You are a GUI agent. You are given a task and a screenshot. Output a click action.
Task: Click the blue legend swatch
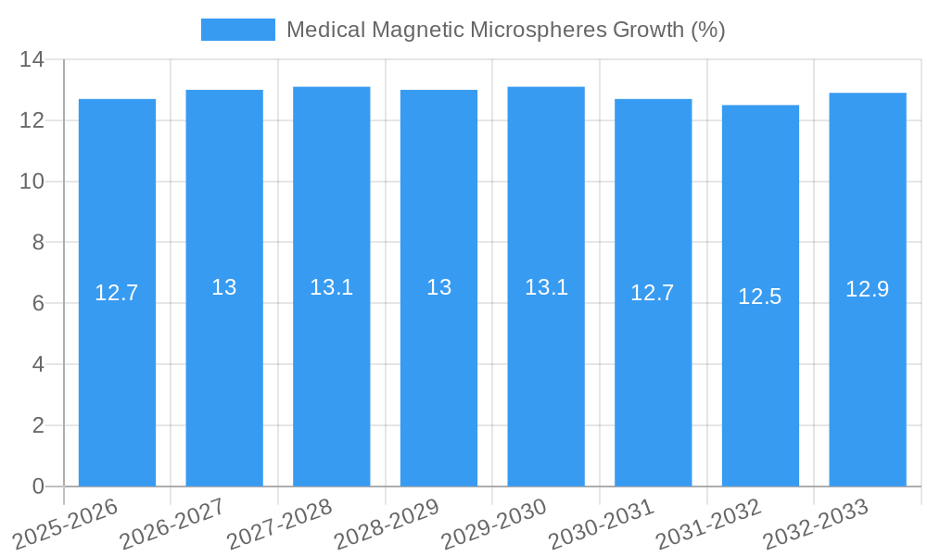[238, 30]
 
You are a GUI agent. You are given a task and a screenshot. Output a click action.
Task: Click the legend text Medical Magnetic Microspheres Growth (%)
[505, 30]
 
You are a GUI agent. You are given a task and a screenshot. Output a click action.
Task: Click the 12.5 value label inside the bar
[760, 297]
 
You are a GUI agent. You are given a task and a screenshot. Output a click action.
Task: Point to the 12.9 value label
[868, 289]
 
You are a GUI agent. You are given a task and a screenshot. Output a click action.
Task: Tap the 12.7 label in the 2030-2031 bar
[653, 293]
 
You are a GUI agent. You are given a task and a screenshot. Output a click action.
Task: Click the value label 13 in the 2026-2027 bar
[224, 287]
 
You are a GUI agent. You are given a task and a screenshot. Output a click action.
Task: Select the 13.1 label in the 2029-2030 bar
[546, 287]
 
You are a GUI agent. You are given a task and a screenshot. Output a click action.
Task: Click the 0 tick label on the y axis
[38, 486]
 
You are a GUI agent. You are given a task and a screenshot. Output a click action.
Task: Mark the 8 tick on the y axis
[38, 243]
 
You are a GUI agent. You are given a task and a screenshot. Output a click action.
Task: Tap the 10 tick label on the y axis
[32, 182]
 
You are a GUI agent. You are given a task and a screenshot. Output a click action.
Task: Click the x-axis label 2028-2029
[387, 524]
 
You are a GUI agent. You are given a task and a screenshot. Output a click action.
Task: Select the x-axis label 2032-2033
[816, 524]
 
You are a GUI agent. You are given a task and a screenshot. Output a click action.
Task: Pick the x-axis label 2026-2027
[172, 524]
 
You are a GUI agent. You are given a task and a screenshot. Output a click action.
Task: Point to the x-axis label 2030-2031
[601, 524]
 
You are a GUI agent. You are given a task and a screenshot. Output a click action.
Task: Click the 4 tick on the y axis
[38, 364]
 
